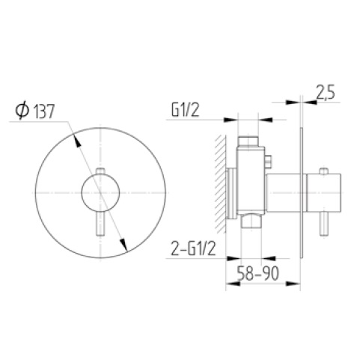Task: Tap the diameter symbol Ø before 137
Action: coord(22,112)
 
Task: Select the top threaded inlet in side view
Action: coord(247,141)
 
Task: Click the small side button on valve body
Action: coord(267,159)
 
